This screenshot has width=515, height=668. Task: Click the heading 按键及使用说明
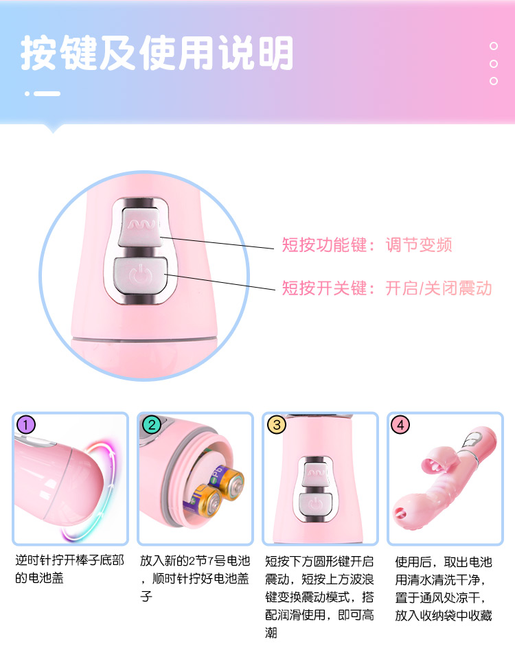tap(157, 53)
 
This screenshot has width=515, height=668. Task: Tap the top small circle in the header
tap(494, 46)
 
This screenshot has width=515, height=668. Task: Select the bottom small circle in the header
tap(494, 81)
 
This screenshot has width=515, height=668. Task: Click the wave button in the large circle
tap(141, 227)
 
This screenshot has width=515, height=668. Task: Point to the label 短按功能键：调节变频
tap(367, 245)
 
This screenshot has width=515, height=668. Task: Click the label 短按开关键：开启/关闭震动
tap(387, 288)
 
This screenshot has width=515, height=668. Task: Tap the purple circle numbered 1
tap(26, 425)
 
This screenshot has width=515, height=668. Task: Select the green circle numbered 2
tap(151, 425)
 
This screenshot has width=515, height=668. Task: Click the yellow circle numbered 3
tap(277, 425)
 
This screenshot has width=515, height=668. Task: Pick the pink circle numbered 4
tap(400, 425)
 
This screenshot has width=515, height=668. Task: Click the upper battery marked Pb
tap(226, 482)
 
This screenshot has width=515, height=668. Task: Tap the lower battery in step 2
tap(203, 501)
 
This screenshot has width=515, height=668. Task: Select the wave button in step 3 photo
tap(316, 473)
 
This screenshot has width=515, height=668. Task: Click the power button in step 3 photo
tap(315, 504)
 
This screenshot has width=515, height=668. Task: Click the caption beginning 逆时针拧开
tap(70, 569)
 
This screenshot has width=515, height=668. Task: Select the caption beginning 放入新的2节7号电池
tap(194, 578)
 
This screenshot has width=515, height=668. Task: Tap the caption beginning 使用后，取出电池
tap(444, 588)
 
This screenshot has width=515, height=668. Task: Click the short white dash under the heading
tap(47, 93)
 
